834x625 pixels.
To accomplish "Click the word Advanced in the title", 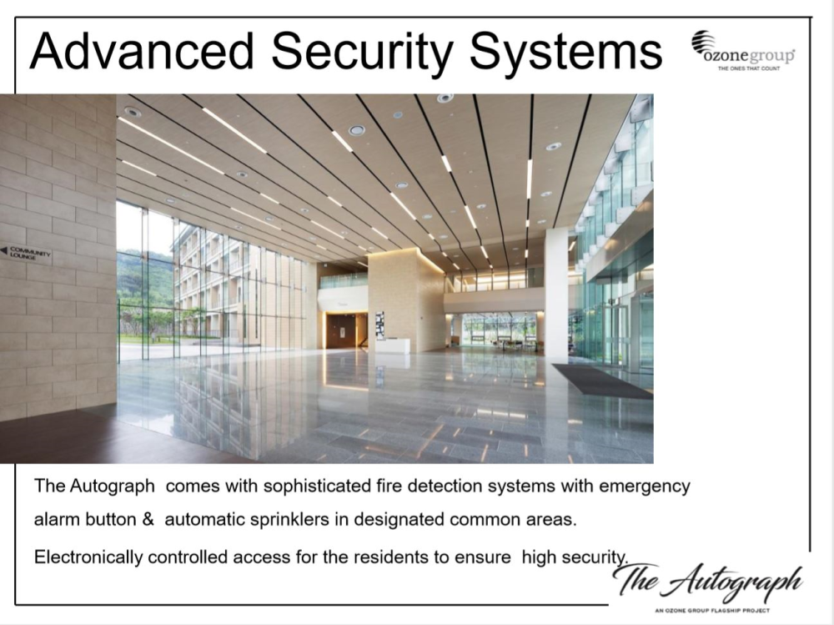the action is pos(142,51).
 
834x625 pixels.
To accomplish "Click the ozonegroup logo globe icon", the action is pos(702,42).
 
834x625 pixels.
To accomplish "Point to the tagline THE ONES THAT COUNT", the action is pos(748,68).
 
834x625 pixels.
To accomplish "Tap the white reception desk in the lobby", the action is pos(392,345).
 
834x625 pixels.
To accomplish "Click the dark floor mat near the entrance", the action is pos(603,381).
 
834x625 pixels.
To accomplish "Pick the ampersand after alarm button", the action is pos(148,519).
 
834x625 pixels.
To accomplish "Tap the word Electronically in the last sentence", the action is pos(88,557).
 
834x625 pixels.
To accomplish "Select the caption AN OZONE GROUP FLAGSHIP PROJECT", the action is pos(712,610).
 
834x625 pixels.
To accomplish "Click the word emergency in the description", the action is pos(645,486).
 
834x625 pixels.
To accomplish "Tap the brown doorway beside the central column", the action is pos(345,330).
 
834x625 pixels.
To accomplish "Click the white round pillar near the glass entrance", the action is pos(555,295).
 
